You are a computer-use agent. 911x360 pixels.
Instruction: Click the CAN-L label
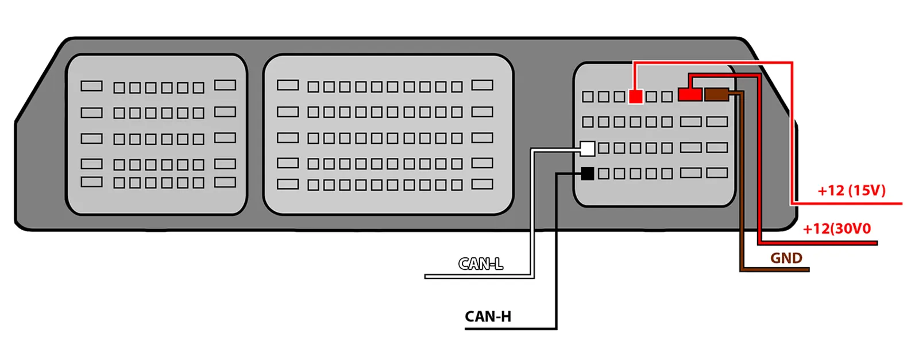(481, 264)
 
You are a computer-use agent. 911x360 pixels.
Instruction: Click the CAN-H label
(488, 316)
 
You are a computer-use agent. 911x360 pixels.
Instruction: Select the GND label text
(786, 258)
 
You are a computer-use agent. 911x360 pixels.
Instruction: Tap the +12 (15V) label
(851, 191)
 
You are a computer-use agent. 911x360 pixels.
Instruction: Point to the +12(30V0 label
(836, 229)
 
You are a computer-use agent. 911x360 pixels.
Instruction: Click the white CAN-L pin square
(588, 149)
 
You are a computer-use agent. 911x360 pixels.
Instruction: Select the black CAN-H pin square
(588, 173)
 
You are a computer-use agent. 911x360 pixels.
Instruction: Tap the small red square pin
(635, 96)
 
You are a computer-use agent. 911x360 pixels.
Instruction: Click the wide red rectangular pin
(690, 94)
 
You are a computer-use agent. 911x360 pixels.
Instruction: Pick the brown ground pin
(716, 94)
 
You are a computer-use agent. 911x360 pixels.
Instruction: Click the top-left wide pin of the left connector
(91, 86)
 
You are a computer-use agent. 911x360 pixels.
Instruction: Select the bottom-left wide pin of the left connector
(91, 182)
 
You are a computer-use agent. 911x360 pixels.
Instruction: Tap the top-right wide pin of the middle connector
(482, 86)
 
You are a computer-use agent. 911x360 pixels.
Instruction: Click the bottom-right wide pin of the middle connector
(482, 184)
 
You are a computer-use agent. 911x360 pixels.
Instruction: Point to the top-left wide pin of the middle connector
(288, 86)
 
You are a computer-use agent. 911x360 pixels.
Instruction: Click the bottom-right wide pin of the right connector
(717, 173)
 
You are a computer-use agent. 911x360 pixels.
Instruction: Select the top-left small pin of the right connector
(588, 96)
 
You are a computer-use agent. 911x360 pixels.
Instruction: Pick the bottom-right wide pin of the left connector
(225, 183)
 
